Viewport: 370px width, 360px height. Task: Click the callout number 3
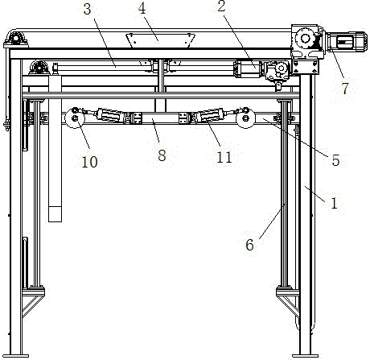[x=88, y=10]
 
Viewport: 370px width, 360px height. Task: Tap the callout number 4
[x=142, y=8]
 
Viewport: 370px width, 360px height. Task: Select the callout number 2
[x=221, y=6]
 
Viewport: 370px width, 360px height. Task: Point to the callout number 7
[x=345, y=89]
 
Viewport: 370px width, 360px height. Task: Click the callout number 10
[x=89, y=162]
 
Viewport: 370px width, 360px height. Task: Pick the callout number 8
[x=162, y=155]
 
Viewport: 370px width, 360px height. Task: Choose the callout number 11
[x=224, y=157]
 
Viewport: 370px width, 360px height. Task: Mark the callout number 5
[x=335, y=160]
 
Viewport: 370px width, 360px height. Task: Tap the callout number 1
[x=334, y=203]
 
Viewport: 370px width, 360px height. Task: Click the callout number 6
[x=249, y=245]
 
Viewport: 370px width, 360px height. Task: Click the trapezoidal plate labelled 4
[x=161, y=40]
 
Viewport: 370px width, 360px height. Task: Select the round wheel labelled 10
[x=75, y=118]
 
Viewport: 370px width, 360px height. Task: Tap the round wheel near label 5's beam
[x=245, y=118]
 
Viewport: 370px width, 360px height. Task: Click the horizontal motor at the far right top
[x=346, y=42]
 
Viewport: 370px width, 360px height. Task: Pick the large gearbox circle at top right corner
[x=306, y=38]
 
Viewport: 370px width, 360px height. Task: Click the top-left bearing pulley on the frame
[x=16, y=38]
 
